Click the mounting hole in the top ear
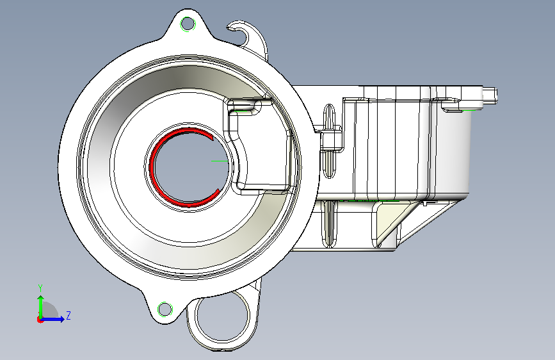click(188, 24)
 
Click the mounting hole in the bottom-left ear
click(165, 309)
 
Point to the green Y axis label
click(40, 288)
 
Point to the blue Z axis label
click(68, 315)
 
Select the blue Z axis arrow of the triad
click(53, 319)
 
